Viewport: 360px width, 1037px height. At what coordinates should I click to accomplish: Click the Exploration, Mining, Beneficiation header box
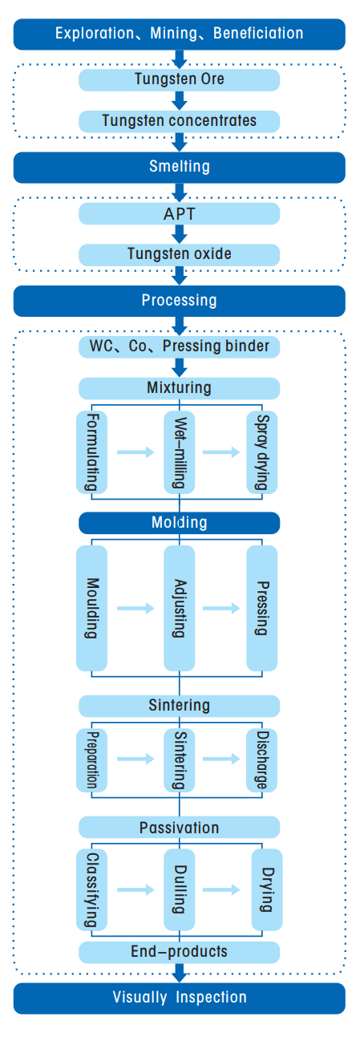click(179, 34)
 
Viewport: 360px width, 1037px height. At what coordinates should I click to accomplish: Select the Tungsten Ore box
click(179, 79)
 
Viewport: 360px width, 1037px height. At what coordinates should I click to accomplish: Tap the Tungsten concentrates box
click(179, 121)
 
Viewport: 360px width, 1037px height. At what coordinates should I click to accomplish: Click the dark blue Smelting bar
click(179, 167)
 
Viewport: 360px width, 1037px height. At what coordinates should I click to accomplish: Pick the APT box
click(179, 213)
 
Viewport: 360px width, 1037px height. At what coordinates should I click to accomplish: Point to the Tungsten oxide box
click(179, 254)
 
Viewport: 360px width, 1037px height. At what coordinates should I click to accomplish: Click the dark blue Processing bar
click(179, 301)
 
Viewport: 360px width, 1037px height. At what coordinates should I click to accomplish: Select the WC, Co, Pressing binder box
click(179, 346)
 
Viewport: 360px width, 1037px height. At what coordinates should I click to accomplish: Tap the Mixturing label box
click(179, 388)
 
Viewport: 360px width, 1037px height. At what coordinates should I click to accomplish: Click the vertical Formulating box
click(92, 452)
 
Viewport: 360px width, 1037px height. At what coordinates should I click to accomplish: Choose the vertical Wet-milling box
click(180, 452)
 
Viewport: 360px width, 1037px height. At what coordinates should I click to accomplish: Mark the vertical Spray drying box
click(261, 452)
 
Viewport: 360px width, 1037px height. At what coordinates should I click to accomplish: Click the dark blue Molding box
click(179, 523)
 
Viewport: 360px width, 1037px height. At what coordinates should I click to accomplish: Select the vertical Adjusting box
click(180, 608)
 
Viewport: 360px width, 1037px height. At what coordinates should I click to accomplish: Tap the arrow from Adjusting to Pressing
click(221, 609)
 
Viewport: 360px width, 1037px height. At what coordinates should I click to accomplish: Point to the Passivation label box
click(179, 827)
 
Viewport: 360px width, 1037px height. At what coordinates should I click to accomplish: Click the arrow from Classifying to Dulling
click(135, 889)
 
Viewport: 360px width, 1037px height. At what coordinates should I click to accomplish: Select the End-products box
click(179, 952)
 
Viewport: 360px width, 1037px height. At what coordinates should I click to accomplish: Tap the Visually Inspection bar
click(179, 998)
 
